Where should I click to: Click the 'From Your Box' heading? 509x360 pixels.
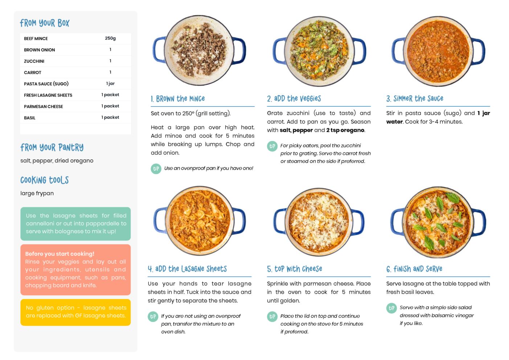coord(45,23)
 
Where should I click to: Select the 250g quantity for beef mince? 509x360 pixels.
coord(110,38)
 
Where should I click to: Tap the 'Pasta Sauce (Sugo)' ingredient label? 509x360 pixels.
coord(46,83)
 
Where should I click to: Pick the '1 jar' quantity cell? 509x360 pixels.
coord(110,83)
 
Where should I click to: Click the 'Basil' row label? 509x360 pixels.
coord(29,118)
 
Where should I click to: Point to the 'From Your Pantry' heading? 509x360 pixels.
coord(52,147)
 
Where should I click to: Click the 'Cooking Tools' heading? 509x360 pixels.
coord(45,180)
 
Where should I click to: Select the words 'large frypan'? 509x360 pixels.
coord(37,193)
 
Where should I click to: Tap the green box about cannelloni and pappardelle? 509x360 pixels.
coord(75,224)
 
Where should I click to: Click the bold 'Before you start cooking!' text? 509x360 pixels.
coord(60,254)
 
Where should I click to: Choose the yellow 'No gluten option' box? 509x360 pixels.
coord(75,312)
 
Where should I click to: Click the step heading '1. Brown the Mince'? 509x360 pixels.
coord(178,99)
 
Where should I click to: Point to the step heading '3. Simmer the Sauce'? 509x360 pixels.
coord(415,98)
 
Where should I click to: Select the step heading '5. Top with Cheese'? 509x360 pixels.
coord(295,269)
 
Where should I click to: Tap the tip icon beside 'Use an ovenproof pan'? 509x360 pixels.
coord(156,169)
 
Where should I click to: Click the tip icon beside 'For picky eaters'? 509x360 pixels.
coord(272,146)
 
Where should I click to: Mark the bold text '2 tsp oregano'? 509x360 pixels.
coord(345,130)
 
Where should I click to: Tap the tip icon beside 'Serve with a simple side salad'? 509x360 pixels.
coord(391,308)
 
